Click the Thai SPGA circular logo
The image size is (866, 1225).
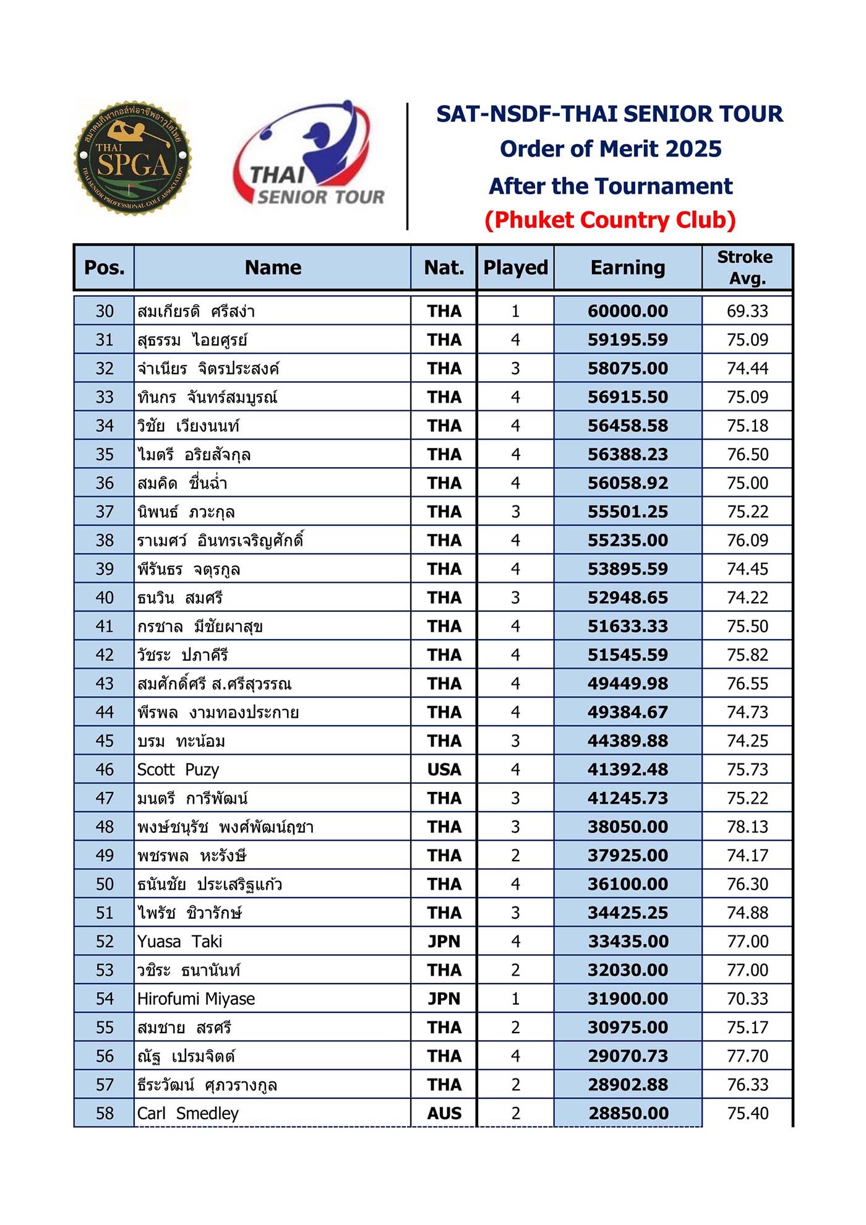[132, 158]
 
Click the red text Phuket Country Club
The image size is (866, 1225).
[610, 220]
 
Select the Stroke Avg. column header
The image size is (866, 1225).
[747, 267]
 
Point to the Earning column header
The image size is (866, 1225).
[627, 267]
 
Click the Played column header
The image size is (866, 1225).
[515, 267]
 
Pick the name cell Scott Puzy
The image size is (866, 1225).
[178, 770]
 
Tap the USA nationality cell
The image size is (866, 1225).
[444, 770]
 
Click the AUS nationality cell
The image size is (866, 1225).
[444, 1114]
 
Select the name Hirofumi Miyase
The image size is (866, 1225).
[196, 999]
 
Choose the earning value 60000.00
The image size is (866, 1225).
[628, 311]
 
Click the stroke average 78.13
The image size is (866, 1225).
[747, 827]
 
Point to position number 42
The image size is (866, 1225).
[105, 655]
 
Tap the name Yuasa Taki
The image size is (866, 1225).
[179, 942]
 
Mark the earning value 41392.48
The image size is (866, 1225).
[628, 770]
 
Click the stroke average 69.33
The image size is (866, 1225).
[747, 311]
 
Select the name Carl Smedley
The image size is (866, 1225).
[187, 1114]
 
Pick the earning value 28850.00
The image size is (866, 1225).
[628, 1114]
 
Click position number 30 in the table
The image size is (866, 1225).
[105, 311]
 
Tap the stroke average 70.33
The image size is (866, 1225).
[747, 999]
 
